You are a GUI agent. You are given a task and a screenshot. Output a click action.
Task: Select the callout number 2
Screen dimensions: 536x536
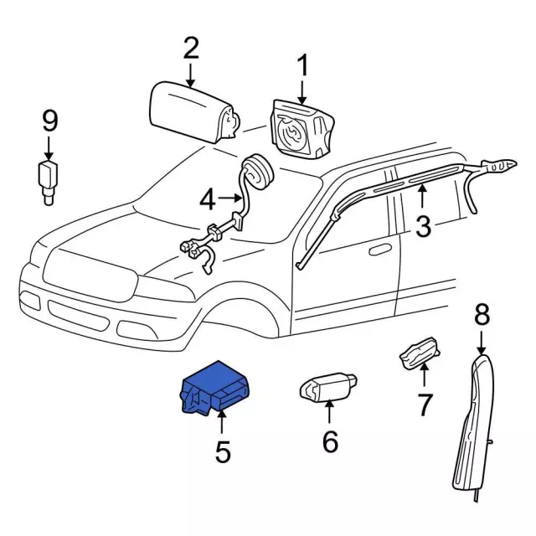tap(191, 49)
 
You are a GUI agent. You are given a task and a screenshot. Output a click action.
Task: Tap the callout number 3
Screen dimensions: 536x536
tap(423, 224)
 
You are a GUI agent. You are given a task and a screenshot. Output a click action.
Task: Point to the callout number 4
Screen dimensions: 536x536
tap(208, 199)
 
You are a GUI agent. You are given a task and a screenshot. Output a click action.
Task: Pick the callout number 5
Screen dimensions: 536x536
tap(222, 452)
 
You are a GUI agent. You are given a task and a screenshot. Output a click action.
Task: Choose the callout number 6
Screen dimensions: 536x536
tap(330, 441)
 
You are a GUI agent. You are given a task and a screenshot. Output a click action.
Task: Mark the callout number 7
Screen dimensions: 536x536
tap(425, 405)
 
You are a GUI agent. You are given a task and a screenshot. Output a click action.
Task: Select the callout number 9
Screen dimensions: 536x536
tap(49, 122)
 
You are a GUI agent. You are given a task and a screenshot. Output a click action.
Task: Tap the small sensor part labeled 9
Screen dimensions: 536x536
tap(49, 180)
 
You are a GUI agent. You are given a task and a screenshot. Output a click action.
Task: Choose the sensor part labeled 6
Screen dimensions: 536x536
tap(327, 387)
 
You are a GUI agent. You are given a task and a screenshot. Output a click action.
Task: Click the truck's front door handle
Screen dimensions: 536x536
tap(381, 249)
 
